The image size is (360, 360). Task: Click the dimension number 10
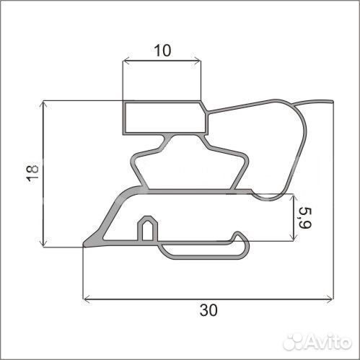pyautogui.click(x=162, y=51)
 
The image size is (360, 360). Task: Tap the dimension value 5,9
pyautogui.click(x=305, y=218)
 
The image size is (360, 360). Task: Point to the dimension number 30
pyautogui.click(x=208, y=310)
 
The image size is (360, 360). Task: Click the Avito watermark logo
pyautogui.click(x=317, y=341)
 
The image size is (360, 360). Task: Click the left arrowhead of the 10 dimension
pyautogui.click(x=126, y=61)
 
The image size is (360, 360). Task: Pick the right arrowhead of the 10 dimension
pyautogui.click(x=198, y=61)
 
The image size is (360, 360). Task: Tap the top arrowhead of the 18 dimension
pyautogui.click(x=43, y=105)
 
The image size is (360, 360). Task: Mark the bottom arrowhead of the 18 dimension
pyautogui.click(x=43, y=243)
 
